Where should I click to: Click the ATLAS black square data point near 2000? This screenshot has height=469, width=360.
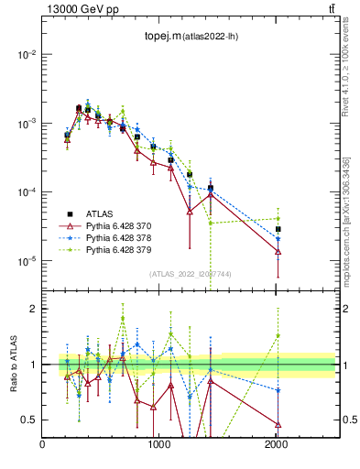coord(278,229)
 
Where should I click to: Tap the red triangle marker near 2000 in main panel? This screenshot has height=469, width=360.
coord(278,251)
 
